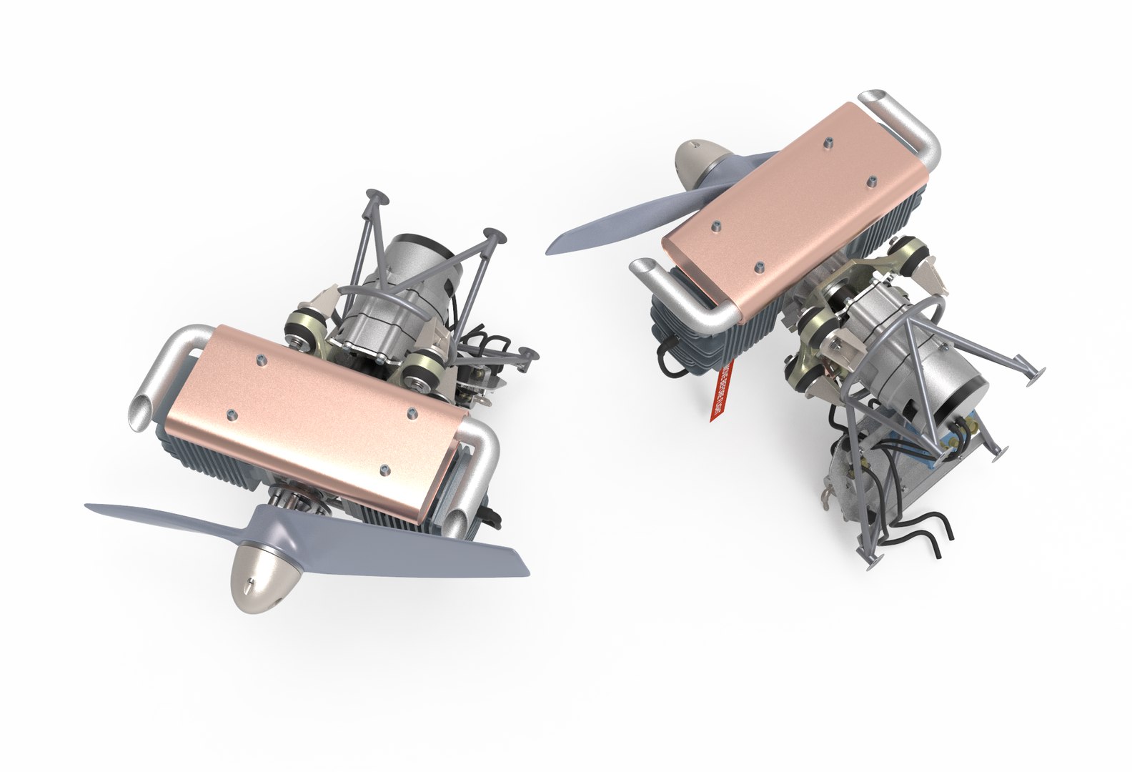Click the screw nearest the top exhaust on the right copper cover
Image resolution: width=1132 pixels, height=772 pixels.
[828, 142]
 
